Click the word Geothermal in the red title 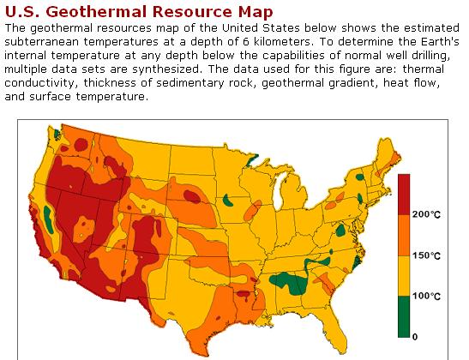94,12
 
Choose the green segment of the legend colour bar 405,316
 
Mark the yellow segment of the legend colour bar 405,276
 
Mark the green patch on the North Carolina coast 354,263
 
